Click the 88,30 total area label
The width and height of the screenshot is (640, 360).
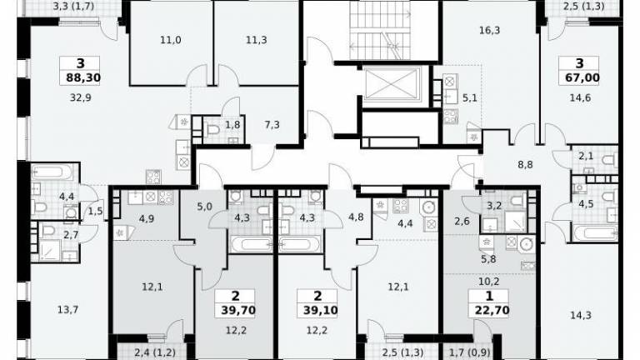[83, 77]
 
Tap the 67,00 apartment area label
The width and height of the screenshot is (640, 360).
[582, 77]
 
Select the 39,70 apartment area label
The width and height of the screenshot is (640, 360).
[238, 311]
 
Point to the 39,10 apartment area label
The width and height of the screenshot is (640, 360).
[320, 311]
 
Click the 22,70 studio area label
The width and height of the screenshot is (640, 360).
[492, 311]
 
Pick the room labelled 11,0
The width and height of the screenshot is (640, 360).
[171, 40]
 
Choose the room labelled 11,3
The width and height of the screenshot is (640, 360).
[257, 40]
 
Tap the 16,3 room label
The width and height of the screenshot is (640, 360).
[489, 30]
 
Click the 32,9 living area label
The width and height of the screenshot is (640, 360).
[80, 97]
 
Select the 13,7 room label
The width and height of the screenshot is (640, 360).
[67, 310]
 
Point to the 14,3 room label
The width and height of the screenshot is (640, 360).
[580, 315]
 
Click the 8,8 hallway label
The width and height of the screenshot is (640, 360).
[525, 165]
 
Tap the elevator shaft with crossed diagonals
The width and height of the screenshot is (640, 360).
[392, 84]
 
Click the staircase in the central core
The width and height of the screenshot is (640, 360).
[380, 30]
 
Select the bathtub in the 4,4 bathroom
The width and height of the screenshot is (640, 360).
[52, 172]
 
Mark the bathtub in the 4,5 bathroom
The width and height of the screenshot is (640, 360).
[596, 233]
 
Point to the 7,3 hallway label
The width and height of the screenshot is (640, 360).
[272, 124]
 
